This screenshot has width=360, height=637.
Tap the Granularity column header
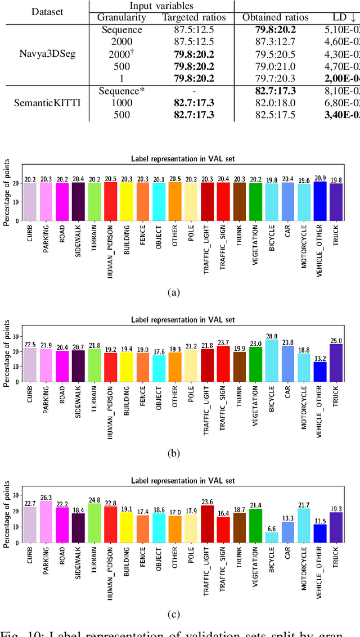[122, 17]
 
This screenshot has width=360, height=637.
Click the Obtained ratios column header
[276, 17]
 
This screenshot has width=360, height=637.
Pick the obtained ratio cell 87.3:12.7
[276, 42]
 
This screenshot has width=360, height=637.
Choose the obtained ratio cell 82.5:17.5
[276, 115]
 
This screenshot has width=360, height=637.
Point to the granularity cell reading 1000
[122, 103]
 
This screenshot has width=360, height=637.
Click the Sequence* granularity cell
[122, 91]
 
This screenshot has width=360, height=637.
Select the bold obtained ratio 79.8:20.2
[276, 30]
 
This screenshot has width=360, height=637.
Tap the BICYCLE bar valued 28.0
[272, 360]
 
